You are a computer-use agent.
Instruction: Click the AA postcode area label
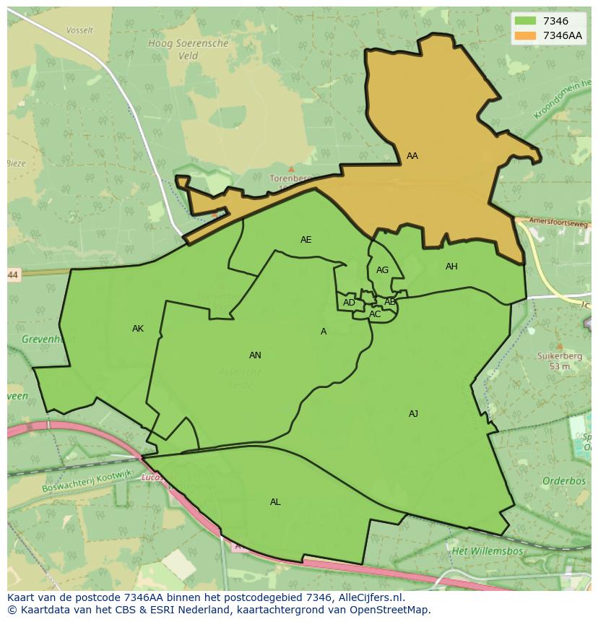coord(412,156)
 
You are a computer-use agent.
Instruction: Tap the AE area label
coord(306,240)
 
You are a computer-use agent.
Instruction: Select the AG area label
coord(382,270)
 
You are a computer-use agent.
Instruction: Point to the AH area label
coord(451,267)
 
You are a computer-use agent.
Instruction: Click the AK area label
coord(138,329)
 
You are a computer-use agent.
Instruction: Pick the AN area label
coord(255,355)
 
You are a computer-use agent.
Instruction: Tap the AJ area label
coord(413,414)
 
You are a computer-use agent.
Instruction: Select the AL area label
coord(275,502)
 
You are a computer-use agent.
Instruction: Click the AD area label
coord(349,303)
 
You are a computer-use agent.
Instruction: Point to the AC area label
coord(375,314)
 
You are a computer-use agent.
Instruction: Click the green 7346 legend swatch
coord(525,21)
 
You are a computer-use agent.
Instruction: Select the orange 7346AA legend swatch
coord(525,35)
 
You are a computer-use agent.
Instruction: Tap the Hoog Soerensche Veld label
coord(188,49)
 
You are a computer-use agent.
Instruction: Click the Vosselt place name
coord(79,31)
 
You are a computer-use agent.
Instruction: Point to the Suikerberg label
coord(555,355)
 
